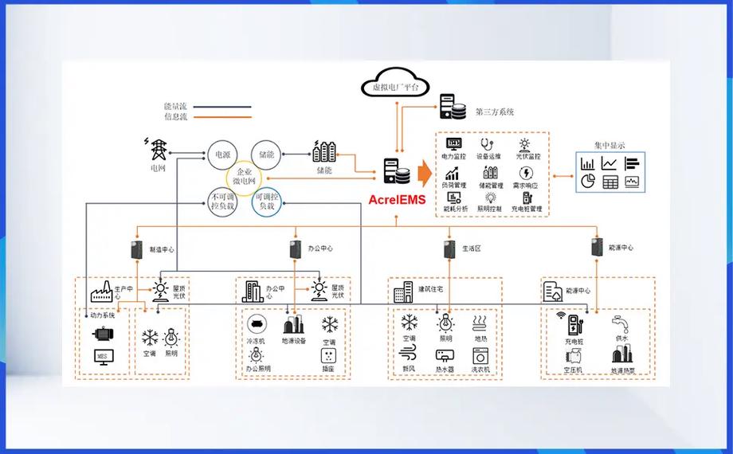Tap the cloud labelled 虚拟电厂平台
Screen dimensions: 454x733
[x=396, y=84]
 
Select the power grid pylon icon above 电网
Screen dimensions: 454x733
[x=158, y=149]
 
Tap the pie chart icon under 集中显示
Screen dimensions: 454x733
[x=588, y=182]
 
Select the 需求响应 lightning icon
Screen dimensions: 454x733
[x=526, y=173]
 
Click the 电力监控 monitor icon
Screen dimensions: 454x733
[x=453, y=144]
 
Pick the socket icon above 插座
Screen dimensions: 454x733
[x=329, y=354]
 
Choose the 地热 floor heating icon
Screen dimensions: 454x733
[x=480, y=323]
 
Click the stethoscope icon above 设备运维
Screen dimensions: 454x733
[x=485, y=144]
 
